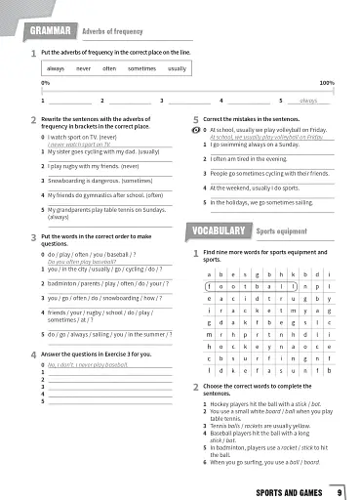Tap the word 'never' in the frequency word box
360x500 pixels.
click(x=84, y=69)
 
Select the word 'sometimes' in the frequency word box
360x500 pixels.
click(x=141, y=69)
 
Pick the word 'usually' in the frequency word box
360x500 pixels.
click(x=177, y=69)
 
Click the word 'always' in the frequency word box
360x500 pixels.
click(x=56, y=69)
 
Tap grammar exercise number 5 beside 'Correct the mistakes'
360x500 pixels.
click(x=195, y=118)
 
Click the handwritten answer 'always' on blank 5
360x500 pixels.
click(x=308, y=101)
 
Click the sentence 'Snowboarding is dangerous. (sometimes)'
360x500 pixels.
click(x=100, y=181)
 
